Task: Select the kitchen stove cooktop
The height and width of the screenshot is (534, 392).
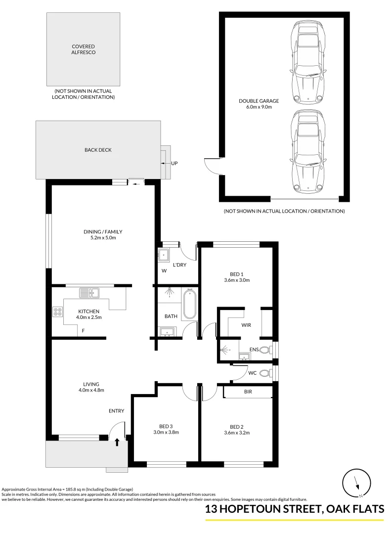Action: coord(58,311)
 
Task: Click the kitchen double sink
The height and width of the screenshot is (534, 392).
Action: coord(89,293)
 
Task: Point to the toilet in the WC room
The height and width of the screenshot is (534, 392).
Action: coord(266,373)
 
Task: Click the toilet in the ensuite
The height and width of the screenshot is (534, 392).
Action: coord(265,351)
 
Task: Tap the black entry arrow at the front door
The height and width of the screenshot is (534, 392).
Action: coord(117,442)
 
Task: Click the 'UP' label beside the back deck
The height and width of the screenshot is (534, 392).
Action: coord(174,163)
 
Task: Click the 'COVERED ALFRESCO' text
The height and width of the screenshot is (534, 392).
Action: coord(83,49)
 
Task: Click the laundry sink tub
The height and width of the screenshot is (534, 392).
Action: coord(163,255)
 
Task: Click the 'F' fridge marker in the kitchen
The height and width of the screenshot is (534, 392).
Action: coord(83,330)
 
